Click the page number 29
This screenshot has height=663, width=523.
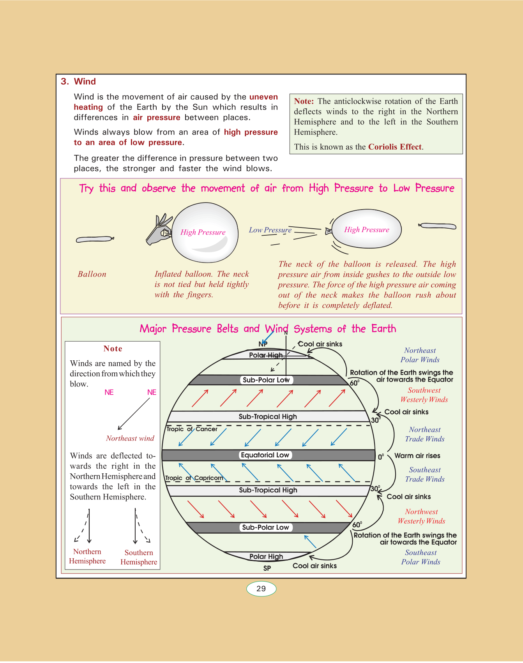tap(261, 589)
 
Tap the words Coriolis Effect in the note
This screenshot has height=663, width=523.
tap(395, 147)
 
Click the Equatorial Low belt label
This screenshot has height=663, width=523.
tap(265, 455)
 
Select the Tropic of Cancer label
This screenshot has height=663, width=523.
tap(192, 429)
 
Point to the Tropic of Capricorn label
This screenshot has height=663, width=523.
tap(194, 478)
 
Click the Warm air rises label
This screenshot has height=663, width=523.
tap(417, 456)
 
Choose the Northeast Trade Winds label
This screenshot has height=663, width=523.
tap(425, 434)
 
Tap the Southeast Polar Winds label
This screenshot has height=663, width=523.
tap(421, 557)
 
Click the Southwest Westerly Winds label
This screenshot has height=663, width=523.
tap(424, 395)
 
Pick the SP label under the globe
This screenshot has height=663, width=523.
tap(267, 568)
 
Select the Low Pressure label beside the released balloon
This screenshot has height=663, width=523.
tap(270, 230)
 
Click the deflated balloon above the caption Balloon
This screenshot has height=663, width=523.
tap(95, 239)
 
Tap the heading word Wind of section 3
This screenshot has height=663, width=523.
tap(85, 81)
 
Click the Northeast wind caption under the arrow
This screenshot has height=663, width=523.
tap(130, 438)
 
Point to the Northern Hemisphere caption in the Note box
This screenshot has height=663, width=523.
tap(87, 556)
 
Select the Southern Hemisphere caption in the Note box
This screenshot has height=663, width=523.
tap(139, 557)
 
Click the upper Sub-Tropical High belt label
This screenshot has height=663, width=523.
tap(268, 416)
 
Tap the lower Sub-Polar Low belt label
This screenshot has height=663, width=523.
tap(265, 527)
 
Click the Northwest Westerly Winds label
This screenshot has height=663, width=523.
tap(421, 517)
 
